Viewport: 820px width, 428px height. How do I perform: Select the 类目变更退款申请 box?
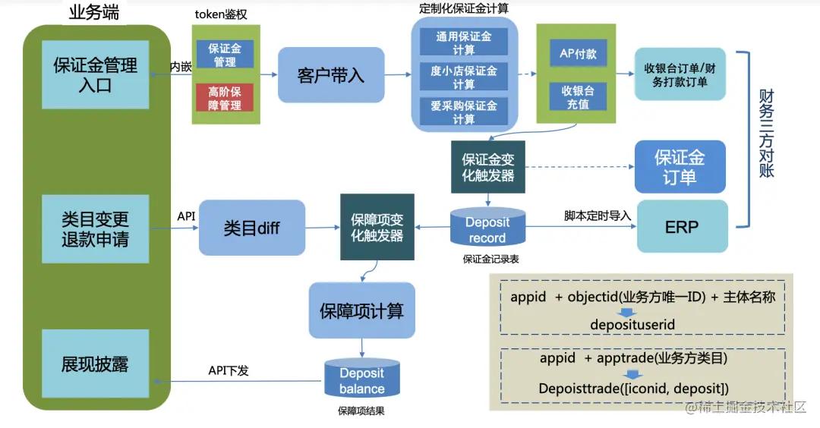click(95, 229)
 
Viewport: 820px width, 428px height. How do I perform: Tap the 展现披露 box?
click(95, 363)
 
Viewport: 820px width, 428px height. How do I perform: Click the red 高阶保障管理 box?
click(225, 98)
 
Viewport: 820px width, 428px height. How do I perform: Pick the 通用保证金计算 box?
click(464, 43)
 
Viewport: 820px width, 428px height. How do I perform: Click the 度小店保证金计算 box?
click(464, 77)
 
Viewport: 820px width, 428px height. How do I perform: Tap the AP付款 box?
click(578, 55)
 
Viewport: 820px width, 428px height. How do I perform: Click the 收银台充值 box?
click(578, 97)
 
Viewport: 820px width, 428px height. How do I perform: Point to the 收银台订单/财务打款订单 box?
click(680, 74)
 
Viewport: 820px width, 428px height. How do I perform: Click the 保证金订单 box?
click(680, 167)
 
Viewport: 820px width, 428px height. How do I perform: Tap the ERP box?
click(681, 227)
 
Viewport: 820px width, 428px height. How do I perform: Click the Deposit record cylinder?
click(487, 229)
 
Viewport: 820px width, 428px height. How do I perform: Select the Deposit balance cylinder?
click(361, 380)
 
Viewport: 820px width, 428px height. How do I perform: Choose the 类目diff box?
click(252, 228)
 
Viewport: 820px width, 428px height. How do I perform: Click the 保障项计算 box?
click(361, 310)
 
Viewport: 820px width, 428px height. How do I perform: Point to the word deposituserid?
click(632, 325)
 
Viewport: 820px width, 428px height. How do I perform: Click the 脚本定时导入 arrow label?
click(598, 216)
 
